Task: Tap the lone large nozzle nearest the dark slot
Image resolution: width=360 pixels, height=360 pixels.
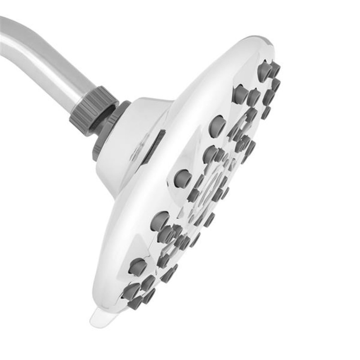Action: point(182,178)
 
